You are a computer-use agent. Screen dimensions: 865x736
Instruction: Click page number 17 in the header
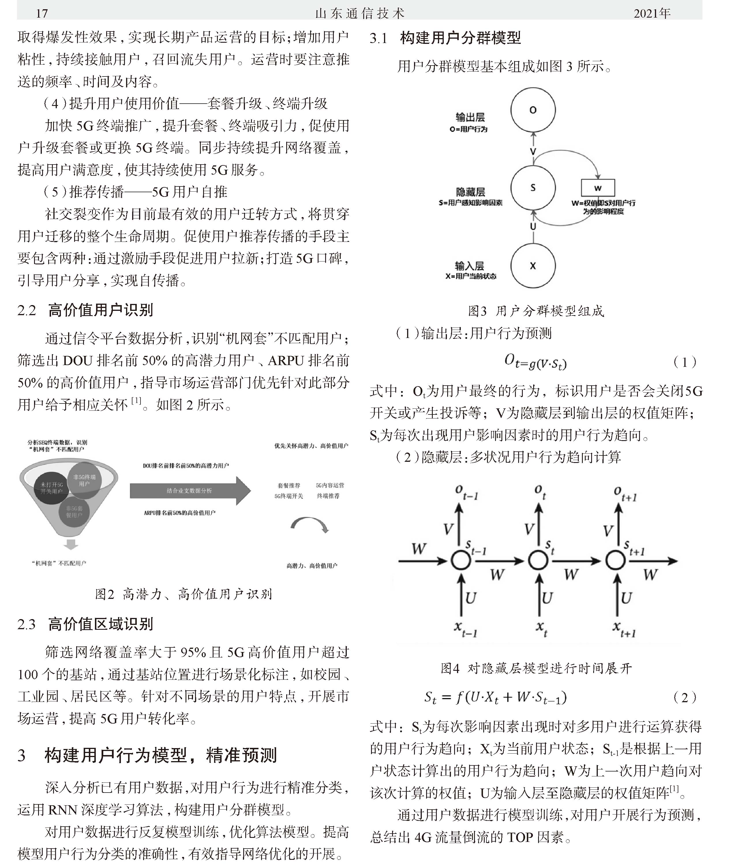42,13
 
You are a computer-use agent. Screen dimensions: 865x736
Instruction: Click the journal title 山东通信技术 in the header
360,13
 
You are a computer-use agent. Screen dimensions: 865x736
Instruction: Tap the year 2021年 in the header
652,13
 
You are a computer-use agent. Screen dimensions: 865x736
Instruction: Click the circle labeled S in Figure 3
533,188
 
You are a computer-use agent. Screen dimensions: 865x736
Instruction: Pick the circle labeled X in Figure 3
533,266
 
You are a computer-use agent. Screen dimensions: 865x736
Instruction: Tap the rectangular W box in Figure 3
598,188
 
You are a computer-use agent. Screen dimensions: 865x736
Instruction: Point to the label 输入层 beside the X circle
469,266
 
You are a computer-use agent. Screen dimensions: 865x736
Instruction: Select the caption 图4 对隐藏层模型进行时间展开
536,668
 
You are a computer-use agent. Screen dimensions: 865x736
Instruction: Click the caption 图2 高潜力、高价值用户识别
183,594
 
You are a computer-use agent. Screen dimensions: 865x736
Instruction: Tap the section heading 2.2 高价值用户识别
85,310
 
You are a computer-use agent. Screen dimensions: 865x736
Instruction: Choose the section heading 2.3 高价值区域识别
85,624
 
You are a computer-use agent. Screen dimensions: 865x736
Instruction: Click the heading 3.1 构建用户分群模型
445,38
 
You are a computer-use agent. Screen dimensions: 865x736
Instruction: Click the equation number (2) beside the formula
685,697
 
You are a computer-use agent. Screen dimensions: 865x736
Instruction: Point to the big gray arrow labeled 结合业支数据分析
190,491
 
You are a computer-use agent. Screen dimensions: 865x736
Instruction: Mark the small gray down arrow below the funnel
71,544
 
